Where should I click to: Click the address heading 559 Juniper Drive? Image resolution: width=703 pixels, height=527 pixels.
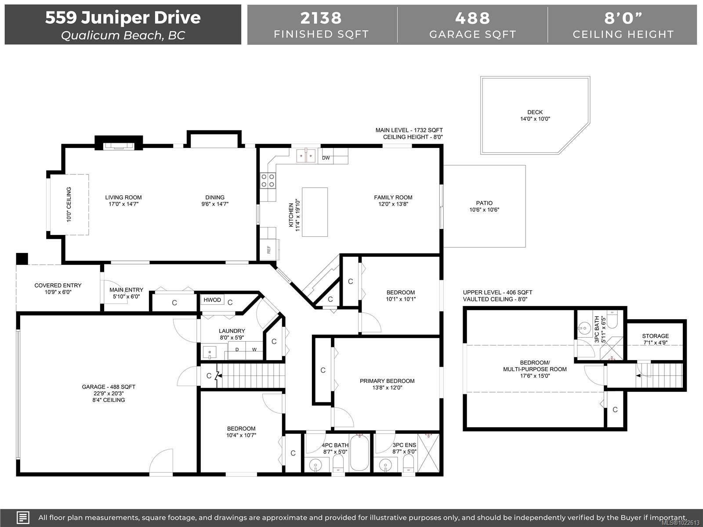click(123, 18)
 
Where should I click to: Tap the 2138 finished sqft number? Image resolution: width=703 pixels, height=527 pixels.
click(321, 18)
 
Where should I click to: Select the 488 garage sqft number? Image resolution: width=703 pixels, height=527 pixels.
click(472, 18)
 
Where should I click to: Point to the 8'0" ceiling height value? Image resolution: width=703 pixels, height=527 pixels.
click(623, 18)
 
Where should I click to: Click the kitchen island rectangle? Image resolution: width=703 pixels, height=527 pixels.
click(315, 212)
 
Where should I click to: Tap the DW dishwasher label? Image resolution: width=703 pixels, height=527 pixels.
click(326, 158)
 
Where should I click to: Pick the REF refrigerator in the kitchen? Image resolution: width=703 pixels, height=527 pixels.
click(269, 249)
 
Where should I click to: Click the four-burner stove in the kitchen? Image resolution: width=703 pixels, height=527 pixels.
click(268, 180)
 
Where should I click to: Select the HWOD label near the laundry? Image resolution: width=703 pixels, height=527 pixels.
click(212, 300)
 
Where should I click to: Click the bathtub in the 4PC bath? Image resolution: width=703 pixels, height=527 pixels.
click(359, 452)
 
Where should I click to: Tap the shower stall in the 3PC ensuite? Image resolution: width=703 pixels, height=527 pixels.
click(428, 453)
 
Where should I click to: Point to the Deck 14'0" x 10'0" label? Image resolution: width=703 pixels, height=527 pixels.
click(535, 116)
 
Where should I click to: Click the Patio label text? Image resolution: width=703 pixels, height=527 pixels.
click(484, 203)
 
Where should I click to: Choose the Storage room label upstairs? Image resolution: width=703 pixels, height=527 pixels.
click(655, 336)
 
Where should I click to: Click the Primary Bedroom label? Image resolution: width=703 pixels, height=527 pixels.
click(387, 381)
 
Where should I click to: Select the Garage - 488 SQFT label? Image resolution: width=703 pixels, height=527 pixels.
click(109, 387)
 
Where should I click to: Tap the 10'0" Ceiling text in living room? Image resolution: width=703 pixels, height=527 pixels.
click(69, 205)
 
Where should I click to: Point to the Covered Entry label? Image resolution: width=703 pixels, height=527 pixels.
click(58, 285)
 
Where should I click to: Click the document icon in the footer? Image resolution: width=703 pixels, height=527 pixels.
click(23, 517)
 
